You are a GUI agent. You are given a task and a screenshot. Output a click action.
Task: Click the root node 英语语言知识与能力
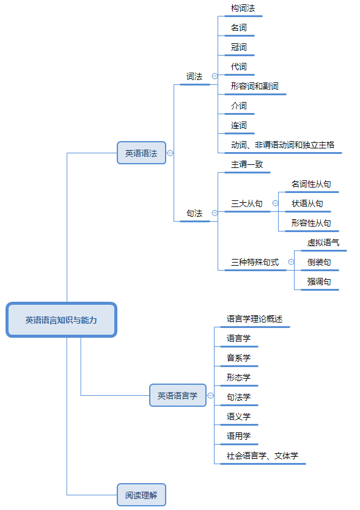(61, 319)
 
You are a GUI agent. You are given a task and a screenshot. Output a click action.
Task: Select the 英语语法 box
(141, 153)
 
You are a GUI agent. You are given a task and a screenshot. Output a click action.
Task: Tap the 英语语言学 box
(178, 395)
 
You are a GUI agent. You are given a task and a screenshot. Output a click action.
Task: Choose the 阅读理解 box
(141, 495)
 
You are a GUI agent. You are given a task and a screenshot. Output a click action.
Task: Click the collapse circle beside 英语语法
(170, 153)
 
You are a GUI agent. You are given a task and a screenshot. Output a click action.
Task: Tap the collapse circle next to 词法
(215, 76)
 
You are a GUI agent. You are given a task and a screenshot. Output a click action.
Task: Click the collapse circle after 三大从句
(275, 203)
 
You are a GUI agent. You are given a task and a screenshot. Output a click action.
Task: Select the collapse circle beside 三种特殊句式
(291, 262)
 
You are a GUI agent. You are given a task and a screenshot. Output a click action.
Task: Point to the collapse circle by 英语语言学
(211, 396)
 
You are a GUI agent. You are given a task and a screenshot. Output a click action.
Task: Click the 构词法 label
(243, 8)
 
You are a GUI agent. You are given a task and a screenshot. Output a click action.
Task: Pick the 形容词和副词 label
(254, 86)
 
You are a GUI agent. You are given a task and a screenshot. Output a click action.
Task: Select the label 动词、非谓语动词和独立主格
(282, 145)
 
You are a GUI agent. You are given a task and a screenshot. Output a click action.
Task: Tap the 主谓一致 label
(247, 164)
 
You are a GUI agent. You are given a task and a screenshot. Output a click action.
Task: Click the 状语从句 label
(307, 203)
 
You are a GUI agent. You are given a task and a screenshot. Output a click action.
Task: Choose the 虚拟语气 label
(323, 242)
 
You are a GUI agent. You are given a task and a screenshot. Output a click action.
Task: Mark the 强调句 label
(319, 282)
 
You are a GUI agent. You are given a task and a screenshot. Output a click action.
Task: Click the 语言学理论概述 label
(254, 319)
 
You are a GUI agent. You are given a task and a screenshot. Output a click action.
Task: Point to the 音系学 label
(238, 358)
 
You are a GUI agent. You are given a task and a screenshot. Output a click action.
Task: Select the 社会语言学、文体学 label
(262, 456)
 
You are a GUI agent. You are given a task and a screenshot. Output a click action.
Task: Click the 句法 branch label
(194, 213)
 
